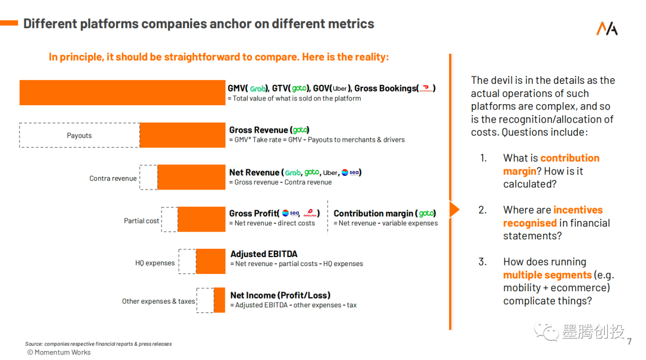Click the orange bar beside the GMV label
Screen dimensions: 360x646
pyautogui.click(x=123, y=93)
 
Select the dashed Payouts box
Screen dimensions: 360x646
pyautogui.click(x=80, y=135)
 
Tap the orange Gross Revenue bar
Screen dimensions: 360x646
pyautogui.click(x=182, y=135)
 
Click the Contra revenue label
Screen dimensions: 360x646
pyautogui.click(x=113, y=178)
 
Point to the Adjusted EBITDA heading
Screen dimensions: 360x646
pyautogui.click(x=264, y=254)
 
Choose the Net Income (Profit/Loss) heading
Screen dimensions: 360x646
pyautogui.click(x=280, y=295)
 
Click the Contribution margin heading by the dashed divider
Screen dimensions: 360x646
pyautogui.click(x=374, y=213)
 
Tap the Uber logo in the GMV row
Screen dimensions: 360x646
pyautogui.click(x=340, y=89)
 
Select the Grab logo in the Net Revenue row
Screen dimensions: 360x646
pyautogui.click(x=292, y=173)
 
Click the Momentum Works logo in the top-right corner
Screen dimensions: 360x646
pyautogui.click(x=607, y=28)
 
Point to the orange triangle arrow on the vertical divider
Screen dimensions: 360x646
pyautogui.click(x=454, y=209)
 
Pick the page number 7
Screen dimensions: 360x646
pyautogui.click(x=629, y=342)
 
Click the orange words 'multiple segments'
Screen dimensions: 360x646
pyautogui.click(x=547, y=275)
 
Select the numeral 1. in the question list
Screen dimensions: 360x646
pyautogui.click(x=483, y=158)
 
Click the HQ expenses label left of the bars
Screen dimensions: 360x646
pyautogui.click(x=155, y=263)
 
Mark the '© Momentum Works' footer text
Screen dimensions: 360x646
pyautogui.click(x=59, y=352)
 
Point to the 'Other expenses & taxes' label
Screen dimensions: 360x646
pyautogui.click(x=159, y=301)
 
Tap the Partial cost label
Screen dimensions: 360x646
pyautogui.click(x=142, y=221)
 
